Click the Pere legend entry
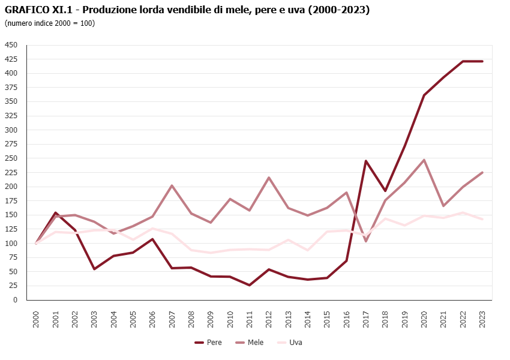(x=208, y=343)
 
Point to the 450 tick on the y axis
(x=11, y=45)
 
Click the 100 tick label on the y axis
(x=11, y=244)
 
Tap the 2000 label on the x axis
(x=36, y=319)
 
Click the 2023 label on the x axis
(x=482, y=319)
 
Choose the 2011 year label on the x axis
(x=249, y=319)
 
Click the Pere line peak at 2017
(x=366, y=161)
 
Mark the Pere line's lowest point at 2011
(x=249, y=285)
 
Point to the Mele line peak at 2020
(x=424, y=160)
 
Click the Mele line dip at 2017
(x=366, y=241)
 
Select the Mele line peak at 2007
(x=172, y=185)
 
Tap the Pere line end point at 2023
(x=482, y=61)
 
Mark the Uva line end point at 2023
(x=482, y=219)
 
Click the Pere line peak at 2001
(x=55, y=212)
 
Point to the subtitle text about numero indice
(x=49, y=23)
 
